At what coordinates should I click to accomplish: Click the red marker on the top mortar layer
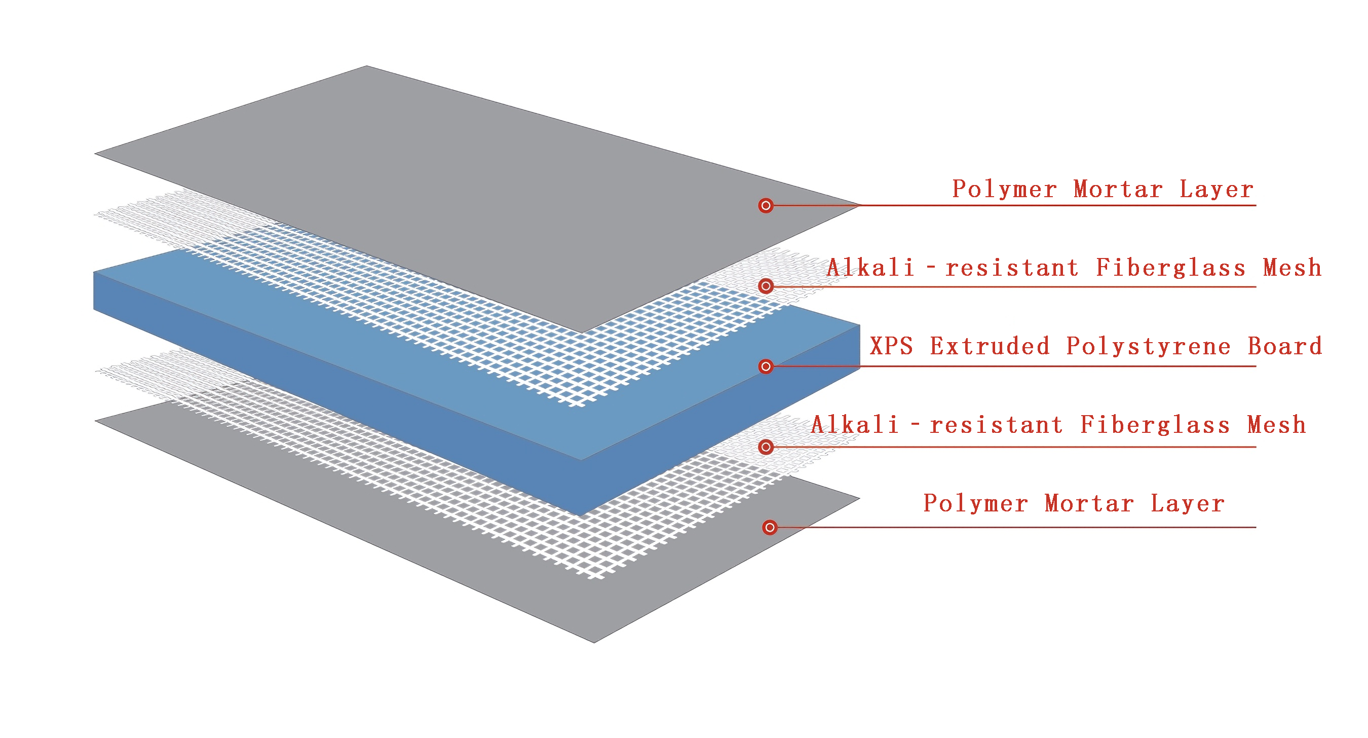point(766,206)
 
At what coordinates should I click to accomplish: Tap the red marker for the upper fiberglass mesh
point(766,286)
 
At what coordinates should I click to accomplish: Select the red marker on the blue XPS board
point(766,366)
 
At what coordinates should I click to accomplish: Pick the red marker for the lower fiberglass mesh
point(766,447)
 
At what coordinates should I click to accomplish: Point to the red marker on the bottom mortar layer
point(770,528)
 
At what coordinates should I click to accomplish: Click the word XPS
point(892,346)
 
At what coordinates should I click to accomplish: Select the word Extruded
point(990,346)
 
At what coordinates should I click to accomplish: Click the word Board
point(1284,346)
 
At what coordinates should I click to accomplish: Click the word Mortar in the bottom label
point(1089,504)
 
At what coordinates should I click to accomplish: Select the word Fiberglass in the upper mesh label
point(1170,268)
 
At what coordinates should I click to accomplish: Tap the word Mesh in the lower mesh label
point(1277,425)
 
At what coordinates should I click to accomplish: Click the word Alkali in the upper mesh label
point(871,268)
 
